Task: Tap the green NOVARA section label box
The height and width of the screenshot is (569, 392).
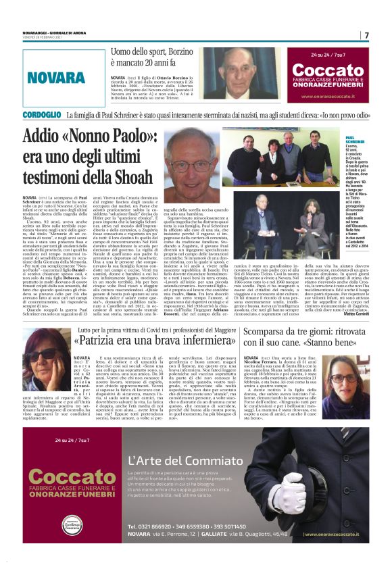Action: click(55, 77)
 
